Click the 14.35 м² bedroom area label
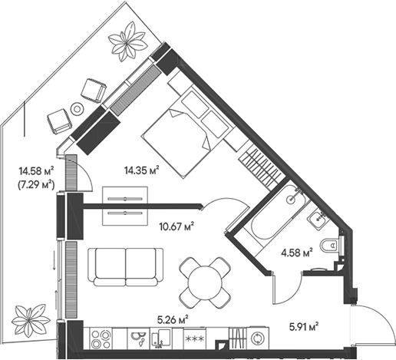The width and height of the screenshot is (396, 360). (x=141, y=170)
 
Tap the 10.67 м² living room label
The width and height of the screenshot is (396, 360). (x=177, y=226)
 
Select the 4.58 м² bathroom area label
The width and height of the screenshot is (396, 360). (x=297, y=253)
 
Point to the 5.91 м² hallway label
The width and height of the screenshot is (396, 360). (x=304, y=327)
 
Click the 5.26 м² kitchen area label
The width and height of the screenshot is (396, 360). (x=173, y=319)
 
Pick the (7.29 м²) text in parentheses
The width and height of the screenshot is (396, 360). (x=36, y=184)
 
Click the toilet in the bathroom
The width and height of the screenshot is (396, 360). (x=329, y=246)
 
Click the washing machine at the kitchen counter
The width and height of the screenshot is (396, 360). (x=258, y=339)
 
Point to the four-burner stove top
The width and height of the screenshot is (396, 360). (x=101, y=339)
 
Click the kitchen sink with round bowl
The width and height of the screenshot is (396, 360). (x=139, y=339)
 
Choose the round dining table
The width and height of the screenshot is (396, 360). (x=205, y=282)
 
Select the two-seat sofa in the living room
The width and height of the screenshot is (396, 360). (x=126, y=267)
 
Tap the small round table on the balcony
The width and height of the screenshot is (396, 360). (x=77, y=109)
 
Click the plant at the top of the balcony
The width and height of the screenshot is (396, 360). (x=127, y=41)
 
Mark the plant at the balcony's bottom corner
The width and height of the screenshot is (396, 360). (x=31, y=320)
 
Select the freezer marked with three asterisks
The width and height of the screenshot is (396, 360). (x=195, y=339)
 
